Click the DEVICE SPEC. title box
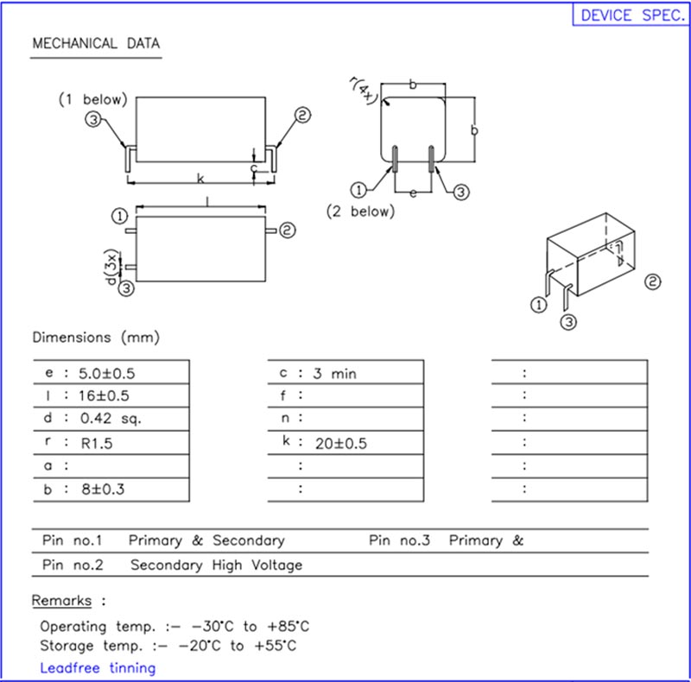(631, 16)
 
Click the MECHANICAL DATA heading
(95, 44)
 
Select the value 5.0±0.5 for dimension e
(107, 374)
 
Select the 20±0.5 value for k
(339, 443)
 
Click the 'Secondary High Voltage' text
(216, 565)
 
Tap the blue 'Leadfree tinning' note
(98, 667)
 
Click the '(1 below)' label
(92, 99)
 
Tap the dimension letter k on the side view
(200, 179)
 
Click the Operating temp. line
(174, 626)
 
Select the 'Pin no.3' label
(399, 540)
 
